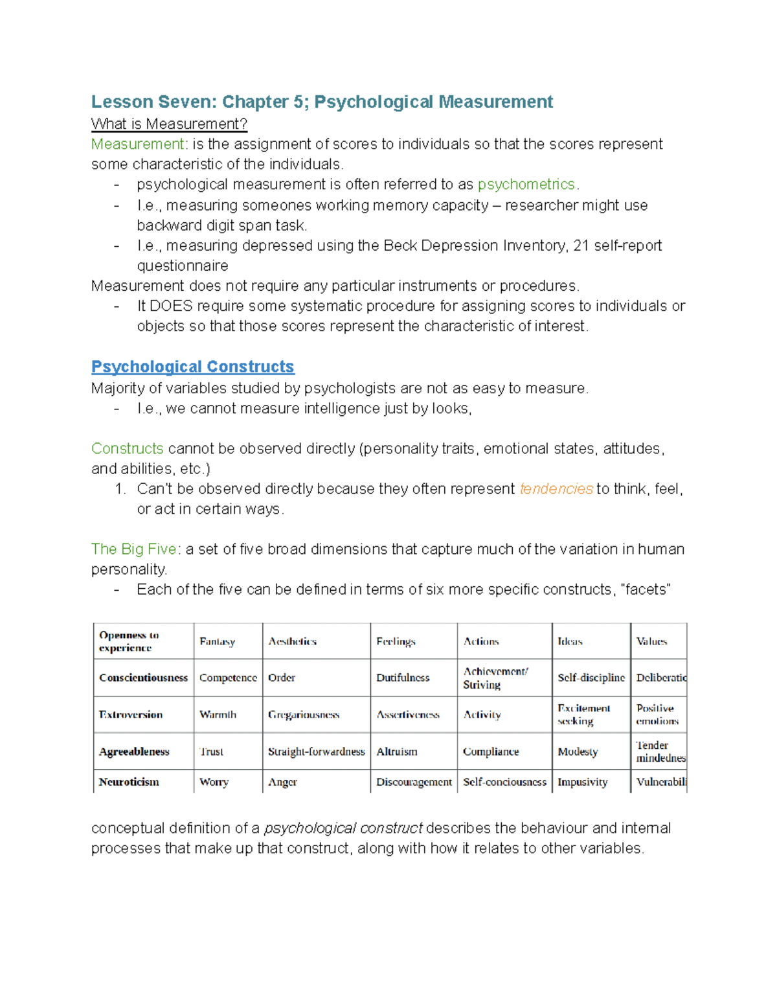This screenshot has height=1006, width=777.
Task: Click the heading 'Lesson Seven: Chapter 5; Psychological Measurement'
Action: click(x=322, y=102)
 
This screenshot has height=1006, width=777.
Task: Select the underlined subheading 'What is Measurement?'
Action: click(x=169, y=124)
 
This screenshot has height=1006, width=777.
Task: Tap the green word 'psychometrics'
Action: click(x=526, y=185)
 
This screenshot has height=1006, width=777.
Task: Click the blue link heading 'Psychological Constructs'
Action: click(x=192, y=367)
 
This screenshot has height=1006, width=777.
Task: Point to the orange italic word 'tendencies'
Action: click(x=556, y=489)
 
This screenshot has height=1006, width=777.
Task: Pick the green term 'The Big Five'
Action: click(x=133, y=549)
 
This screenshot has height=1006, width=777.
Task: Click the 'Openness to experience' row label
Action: click(x=129, y=641)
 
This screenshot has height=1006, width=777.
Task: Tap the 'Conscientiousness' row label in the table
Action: click(x=143, y=678)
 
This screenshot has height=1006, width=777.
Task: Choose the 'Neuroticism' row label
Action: click(x=129, y=782)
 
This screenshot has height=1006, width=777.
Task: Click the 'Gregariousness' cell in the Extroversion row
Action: click(x=304, y=714)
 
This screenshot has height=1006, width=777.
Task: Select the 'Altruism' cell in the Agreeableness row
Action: click(x=396, y=751)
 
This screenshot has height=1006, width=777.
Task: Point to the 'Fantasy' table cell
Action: click(x=217, y=641)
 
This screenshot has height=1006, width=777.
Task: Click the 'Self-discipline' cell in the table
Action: click(x=591, y=678)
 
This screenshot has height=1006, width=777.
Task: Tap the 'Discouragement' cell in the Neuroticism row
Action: click(x=414, y=782)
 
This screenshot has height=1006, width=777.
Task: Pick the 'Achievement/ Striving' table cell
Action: click(x=495, y=678)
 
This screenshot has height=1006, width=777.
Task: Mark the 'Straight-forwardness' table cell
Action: click(x=316, y=751)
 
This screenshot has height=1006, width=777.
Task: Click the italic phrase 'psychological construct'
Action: click(x=343, y=829)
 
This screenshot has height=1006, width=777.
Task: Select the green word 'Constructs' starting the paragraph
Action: click(x=127, y=449)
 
